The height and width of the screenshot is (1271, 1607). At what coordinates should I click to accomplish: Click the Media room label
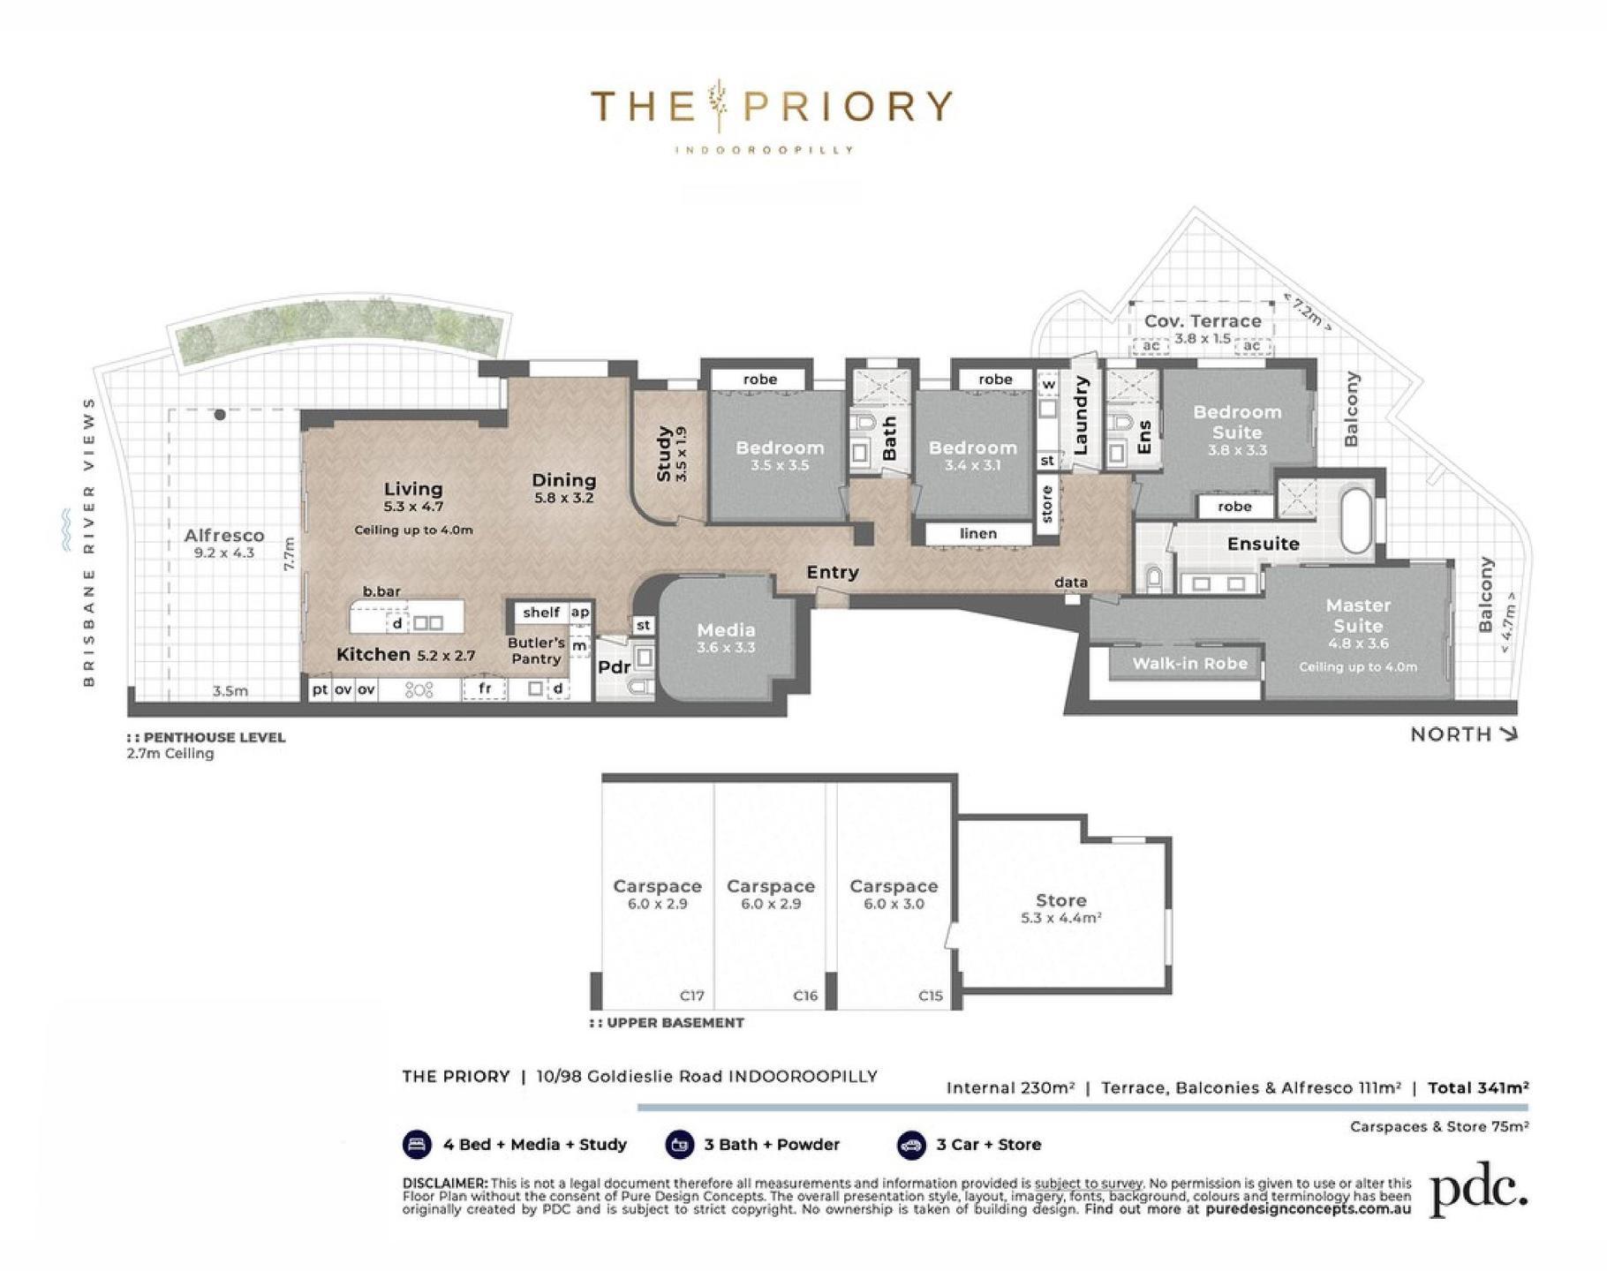pyautogui.click(x=726, y=630)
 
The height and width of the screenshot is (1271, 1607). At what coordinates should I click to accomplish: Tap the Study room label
pyautogui.click(x=665, y=454)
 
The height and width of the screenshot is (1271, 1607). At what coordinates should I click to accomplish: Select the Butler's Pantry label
pyautogui.click(x=536, y=651)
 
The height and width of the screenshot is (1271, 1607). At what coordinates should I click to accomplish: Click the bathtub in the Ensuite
pyautogui.click(x=1355, y=521)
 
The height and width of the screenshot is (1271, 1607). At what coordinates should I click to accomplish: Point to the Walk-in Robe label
pyautogui.click(x=1190, y=664)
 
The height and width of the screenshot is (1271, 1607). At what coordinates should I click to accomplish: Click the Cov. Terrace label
pyautogui.click(x=1203, y=321)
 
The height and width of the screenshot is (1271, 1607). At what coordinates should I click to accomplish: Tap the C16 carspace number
pyautogui.click(x=805, y=996)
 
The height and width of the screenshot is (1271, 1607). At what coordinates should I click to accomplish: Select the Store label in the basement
pyautogui.click(x=1060, y=900)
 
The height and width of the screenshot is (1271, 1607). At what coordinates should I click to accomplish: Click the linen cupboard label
pyautogui.click(x=978, y=533)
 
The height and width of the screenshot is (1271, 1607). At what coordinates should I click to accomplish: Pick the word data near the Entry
pyautogui.click(x=1071, y=583)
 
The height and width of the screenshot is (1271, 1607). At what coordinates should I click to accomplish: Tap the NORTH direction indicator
pyautogui.click(x=1464, y=733)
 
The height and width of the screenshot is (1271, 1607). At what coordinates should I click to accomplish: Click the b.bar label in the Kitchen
pyautogui.click(x=381, y=591)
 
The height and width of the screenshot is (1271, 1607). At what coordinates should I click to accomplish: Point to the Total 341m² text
pyautogui.click(x=1478, y=1087)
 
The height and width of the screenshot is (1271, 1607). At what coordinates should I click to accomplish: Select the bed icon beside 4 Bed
pyautogui.click(x=417, y=1145)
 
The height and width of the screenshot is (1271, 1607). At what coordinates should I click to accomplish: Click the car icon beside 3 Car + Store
pyautogui.click(x=910, y=1145)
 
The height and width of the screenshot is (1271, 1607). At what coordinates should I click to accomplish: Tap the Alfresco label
pyautogui.click(x=224, y=535)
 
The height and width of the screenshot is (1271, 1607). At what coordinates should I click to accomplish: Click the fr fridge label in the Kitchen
pyautogui.click(x=485, y=688)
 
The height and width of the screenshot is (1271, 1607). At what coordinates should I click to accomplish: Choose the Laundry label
pyautogui.click(x=1081, y=415)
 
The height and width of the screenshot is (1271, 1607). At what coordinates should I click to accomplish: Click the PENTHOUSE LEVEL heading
pyautogui.click(x=215, y=737)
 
